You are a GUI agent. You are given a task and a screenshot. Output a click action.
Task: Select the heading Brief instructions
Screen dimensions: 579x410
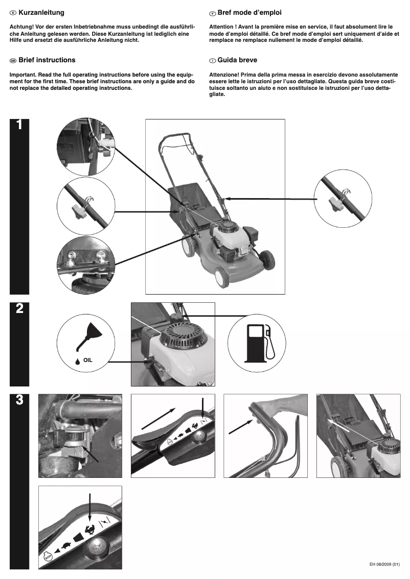pyautogui.click(x=47, y=60)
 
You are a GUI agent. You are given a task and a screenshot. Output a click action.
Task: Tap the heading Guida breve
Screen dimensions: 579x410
pyautogui.click(x=237, y=60)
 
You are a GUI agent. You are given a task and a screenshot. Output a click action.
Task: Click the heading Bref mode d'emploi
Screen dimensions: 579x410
pyautogui.click(x=249, y=12)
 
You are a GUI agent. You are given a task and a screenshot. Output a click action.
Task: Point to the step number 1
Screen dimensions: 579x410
pyautogui.click(x=19, y=125)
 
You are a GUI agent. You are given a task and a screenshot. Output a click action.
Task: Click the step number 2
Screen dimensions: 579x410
pyautogui.click(x=19, y=309)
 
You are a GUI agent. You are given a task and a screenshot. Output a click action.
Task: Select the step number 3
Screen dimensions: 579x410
pyautogui.click(x=19, y=400)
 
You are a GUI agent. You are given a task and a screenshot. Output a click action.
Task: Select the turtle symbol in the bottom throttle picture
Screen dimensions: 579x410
pyautogui.click(x=66, y=545)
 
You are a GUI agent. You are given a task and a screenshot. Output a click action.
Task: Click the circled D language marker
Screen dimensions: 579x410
pyautogui.click(x=13, y=12)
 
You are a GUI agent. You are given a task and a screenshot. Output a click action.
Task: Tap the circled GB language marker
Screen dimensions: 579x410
pyautogui.click(x=13, y=60)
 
